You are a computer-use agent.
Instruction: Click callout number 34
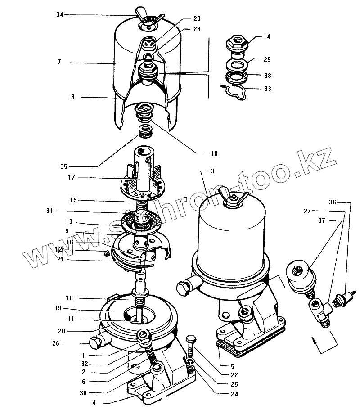[x=60, y=15]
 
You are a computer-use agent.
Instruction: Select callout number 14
[x=267, y=37]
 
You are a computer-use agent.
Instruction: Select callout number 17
[x=72, y=177]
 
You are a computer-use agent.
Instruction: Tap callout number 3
[x=213, y=171]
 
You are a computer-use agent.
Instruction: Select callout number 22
[x=234, y=374]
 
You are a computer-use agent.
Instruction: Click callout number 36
[x=332, y=202]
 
